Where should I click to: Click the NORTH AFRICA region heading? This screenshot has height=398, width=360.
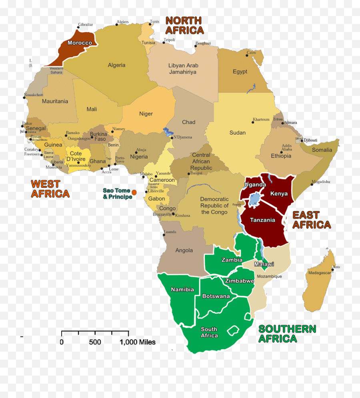pos(184,25)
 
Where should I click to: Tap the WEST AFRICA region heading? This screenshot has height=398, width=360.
pos(50,189)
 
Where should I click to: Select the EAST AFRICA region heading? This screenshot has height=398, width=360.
pos(312,220)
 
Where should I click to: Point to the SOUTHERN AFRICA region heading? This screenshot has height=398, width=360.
pos(287,334)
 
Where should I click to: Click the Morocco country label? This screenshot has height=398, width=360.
pos(80,43)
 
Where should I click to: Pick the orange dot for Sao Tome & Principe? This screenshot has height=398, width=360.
pos(134,192)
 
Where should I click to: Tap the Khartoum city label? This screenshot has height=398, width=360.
pos(261,119)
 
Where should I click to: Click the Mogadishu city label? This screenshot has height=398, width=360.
pos(321,181)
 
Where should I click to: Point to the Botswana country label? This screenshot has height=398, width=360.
pos(216,296)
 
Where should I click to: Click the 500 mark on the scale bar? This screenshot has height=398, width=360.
pos(95,342)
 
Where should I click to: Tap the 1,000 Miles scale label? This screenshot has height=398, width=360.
pos(138,342)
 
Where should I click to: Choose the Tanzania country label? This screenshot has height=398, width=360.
pos(262,220)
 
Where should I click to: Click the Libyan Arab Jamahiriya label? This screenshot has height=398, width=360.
pos(183,69)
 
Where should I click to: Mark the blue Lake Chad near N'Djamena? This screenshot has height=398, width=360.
pos(166,131)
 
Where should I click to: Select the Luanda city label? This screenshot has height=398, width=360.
pos(170,232)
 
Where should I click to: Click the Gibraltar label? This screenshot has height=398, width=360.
pos(86,24)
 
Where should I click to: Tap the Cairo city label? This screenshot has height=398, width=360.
pos(251,52)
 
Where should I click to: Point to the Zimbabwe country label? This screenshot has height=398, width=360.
pos(240,281)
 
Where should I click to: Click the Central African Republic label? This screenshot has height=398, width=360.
pos(201,161)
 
